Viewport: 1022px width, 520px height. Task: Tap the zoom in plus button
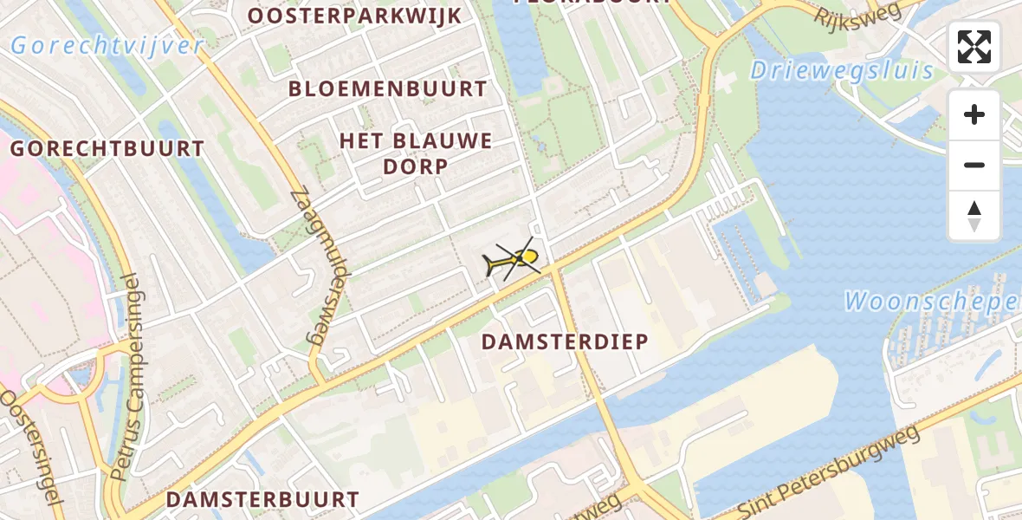pos(974,114)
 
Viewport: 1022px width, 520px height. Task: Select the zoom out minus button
pos(974,165)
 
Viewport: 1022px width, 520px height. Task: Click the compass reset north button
pos(974,216)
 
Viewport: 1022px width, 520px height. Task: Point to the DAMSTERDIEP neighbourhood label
pos(565,341)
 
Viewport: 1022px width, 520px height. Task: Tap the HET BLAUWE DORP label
pos(416,153)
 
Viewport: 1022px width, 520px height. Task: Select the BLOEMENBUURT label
pos(388,88)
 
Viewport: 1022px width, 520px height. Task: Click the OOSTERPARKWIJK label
pos(355,16)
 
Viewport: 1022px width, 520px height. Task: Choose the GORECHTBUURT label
pos(107,148)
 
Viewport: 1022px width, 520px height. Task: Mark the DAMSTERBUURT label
pos(262,499)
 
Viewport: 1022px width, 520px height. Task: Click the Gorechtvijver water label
pos(107,46)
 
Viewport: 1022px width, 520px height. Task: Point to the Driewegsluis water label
pos(842,70)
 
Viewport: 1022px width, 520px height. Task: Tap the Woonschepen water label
pos(932,302)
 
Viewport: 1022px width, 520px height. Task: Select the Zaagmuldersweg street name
pos(320,269)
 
